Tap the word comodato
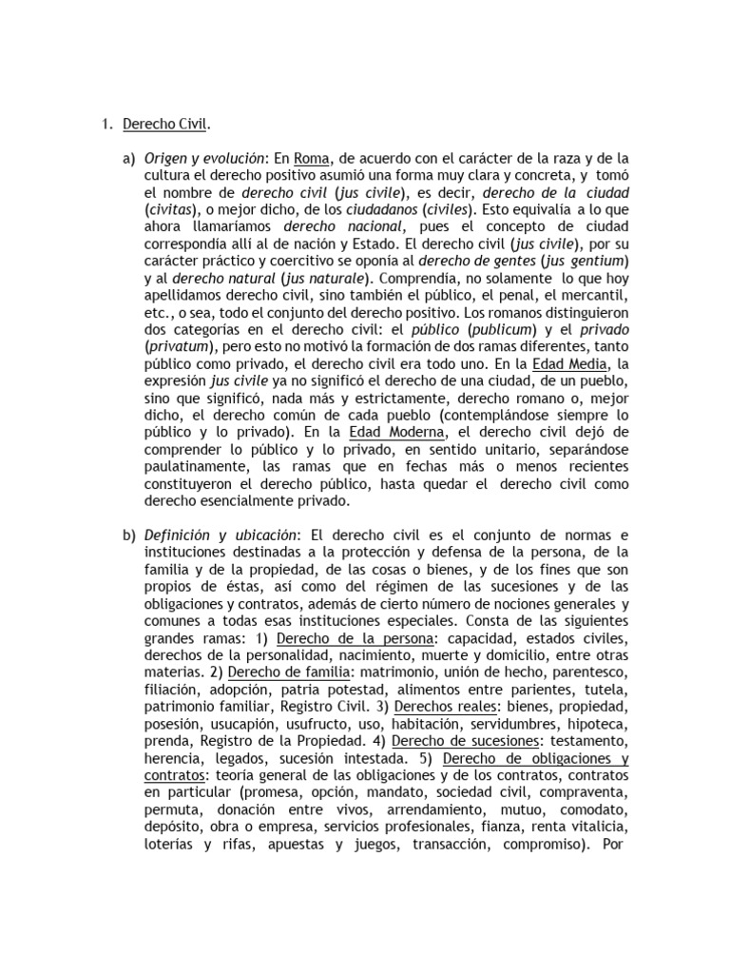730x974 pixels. [598, 808]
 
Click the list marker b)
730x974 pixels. [129, 536]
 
